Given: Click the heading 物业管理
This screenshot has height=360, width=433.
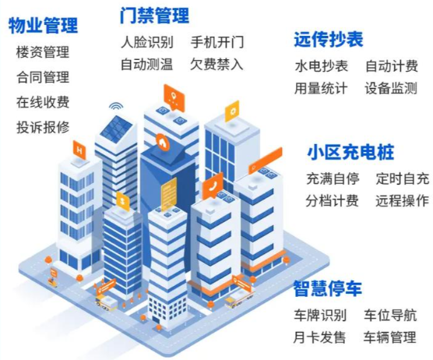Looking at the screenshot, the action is [43, 26].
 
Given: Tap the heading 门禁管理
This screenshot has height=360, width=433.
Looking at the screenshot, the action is [155, 16].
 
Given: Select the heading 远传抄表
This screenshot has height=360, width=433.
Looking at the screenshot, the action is [329, 40].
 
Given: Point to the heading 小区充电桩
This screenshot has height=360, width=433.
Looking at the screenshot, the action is [350, 152].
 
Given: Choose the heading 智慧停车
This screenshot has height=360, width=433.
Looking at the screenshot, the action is [327, 288].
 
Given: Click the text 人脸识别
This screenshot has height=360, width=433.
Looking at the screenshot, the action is [147, 42].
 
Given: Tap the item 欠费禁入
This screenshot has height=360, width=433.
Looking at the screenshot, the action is [216, 65].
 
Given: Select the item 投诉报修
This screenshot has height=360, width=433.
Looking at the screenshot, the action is [43, 127].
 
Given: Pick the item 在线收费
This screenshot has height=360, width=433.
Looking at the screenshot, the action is [43, 102].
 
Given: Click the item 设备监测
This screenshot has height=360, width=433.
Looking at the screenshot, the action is [391, 88].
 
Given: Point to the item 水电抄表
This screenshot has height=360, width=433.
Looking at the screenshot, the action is [322, 66].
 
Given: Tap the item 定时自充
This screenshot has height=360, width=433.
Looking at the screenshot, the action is [403, 178].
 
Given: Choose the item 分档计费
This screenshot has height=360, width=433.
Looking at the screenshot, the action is [333, 201].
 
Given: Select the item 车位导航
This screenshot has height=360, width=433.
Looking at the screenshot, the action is [390, 316].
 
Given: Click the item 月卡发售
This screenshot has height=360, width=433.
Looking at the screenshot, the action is [319, 337].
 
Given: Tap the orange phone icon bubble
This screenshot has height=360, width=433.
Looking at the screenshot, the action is [213, 186].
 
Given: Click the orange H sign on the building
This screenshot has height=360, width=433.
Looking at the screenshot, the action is [79, 150].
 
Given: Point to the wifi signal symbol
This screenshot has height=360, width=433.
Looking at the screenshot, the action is [116, 107].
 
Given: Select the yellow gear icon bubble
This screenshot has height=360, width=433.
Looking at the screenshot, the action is [232, 111].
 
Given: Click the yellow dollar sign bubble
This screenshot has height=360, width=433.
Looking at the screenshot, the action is [123, 201].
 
